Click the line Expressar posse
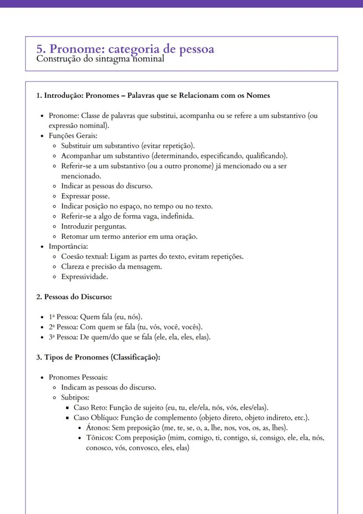pyautogui.click(x=85, y=196)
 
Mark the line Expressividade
pyautogui.click(x=85, y=277)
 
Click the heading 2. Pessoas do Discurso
pyautogui.click(x=74, y=297)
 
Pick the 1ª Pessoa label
pyautogui.click(x=63, y=317)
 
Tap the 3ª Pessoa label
pyautogui.click(x=63, y=337)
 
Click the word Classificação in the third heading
pyautogui.click(x=135, y=357)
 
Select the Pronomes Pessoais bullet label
pyautogui.click(x=78, y=377)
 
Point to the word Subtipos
pyautogui.click(x=75, y=398)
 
